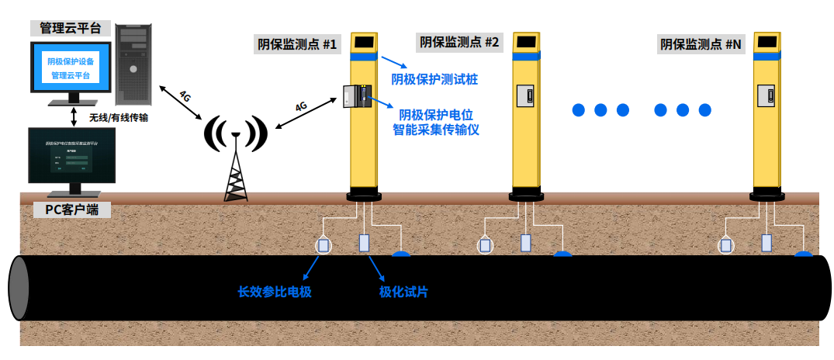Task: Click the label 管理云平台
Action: pos(71,29)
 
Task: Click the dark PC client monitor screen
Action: pos(71,155)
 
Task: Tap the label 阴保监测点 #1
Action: pos(297,44)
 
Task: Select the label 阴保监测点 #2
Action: pos(459,42)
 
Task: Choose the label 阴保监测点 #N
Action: pos(701,44)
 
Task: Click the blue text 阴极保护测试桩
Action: pos(434,79)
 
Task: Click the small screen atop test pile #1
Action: pos(364,41)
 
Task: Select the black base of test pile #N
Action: pos(768,196)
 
